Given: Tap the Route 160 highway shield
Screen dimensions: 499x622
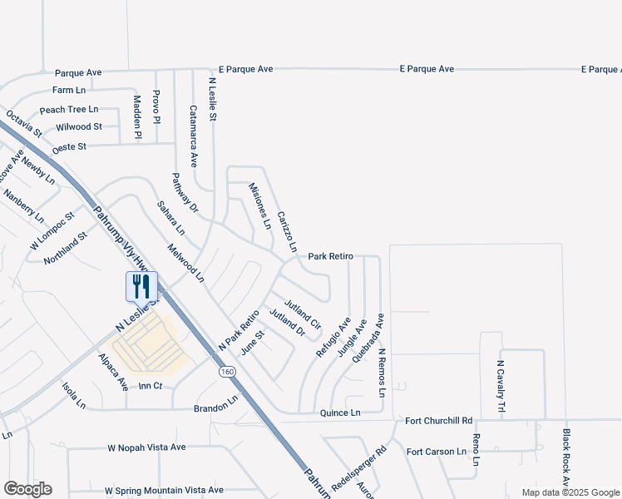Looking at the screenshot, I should click(227, 372).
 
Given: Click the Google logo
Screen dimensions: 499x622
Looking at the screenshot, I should click(27, 489).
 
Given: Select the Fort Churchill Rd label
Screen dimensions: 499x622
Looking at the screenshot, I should click(439, 421).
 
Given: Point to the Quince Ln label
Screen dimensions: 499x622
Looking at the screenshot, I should click(340, 413).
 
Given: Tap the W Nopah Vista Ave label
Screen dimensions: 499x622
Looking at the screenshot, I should click(147, 447).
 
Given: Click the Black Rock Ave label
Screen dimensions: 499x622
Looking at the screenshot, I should click(565, 458).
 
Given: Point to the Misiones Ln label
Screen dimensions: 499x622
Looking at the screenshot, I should click(260, 206).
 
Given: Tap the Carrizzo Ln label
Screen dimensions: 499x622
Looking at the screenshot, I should click(287, 230).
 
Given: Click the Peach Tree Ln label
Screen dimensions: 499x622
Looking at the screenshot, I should click(69, 110).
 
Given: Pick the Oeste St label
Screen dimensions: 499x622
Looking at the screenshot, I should click(69, 147).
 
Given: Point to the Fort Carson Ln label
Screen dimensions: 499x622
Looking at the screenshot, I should click(437, 452).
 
